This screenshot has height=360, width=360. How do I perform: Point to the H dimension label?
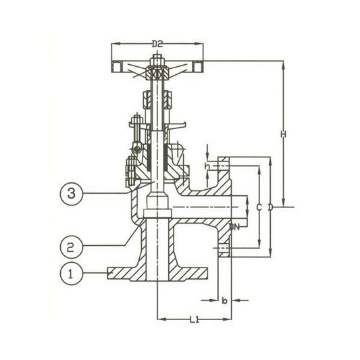(x=283, y=134)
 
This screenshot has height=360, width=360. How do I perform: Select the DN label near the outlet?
(x=234, y=226)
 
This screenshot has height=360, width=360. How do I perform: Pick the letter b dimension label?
(x=224, y=301)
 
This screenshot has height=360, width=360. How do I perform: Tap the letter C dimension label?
(x=259, y=206)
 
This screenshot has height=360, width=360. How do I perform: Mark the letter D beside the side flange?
(x=269, y=207)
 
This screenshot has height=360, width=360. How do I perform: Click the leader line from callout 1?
(x=94, y=274)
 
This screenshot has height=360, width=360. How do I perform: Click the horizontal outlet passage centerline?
(x=203, y=207)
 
